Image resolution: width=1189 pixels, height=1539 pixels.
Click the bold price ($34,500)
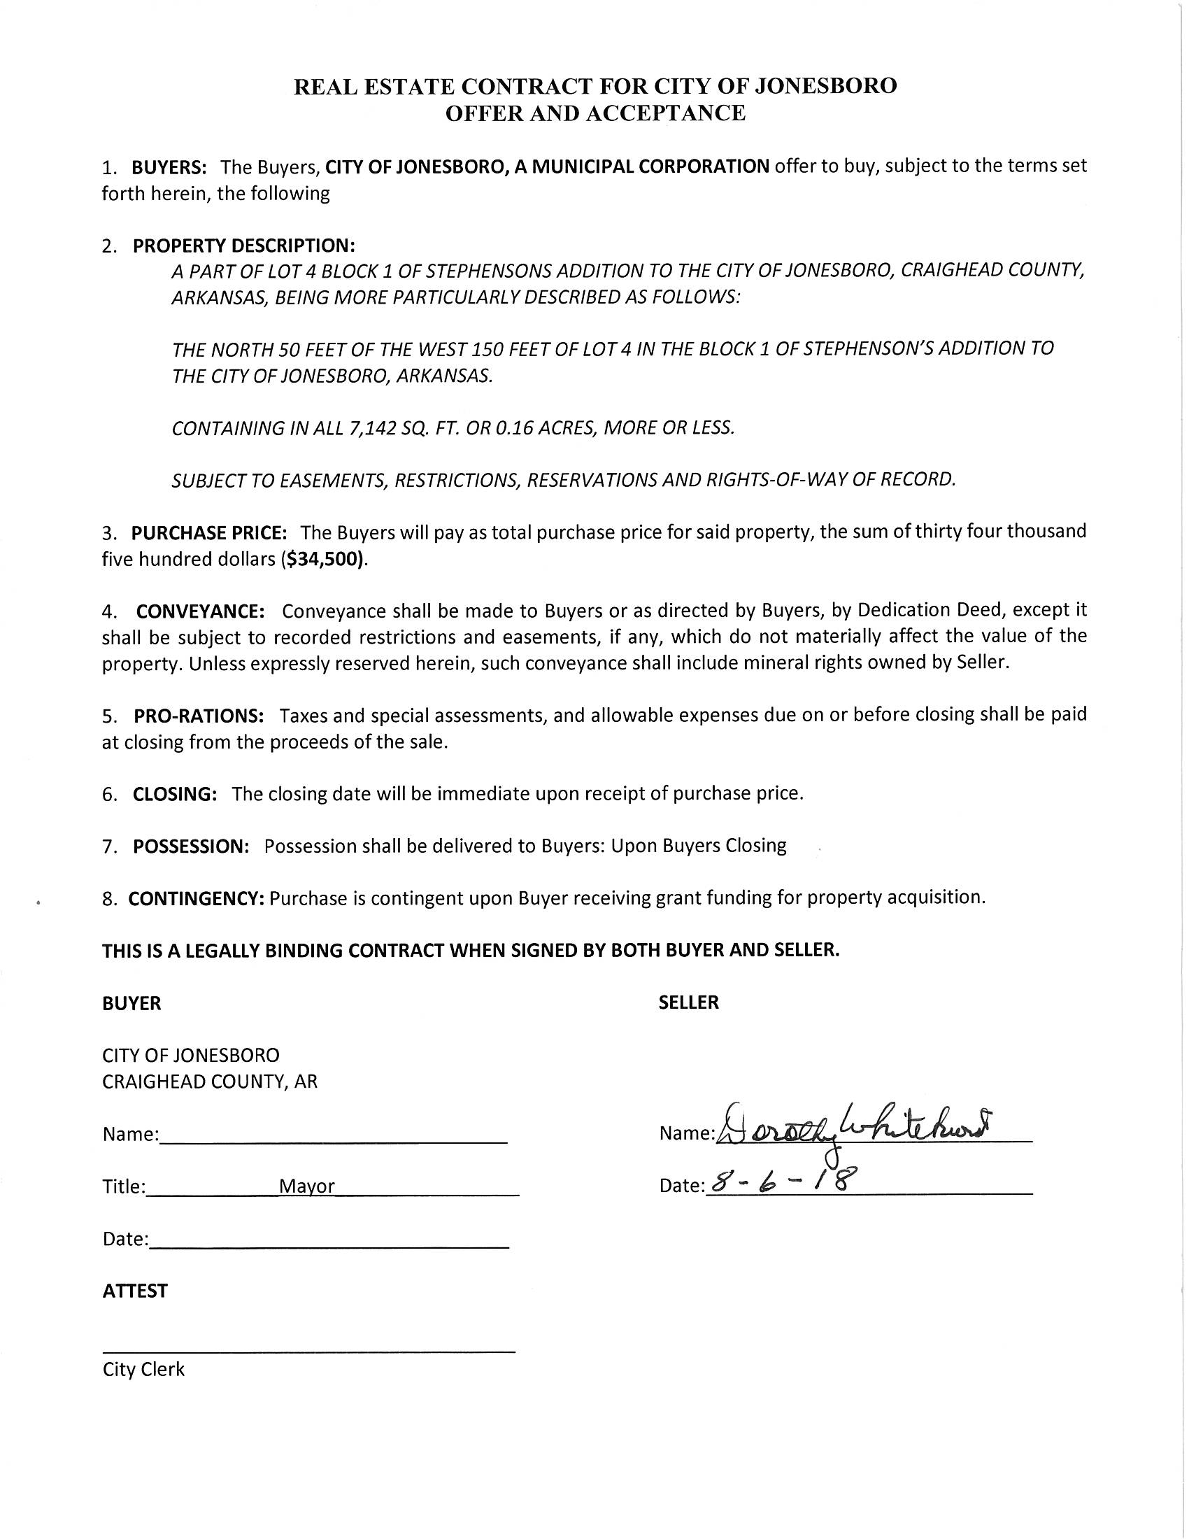tap(324, 560)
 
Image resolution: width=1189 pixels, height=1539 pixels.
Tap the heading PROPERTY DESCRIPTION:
tap(243, 246)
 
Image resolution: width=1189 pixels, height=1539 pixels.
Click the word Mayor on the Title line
tap(306, 1186)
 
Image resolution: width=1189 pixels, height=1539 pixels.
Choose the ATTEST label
tap(134, 1291)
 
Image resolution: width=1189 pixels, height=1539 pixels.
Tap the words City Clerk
tap(143, 1369)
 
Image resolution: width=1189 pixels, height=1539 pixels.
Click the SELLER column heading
tap(688, 1002)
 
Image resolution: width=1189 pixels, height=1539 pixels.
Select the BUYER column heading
tap(131, 1003)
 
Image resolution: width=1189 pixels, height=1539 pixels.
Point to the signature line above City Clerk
tap(308, 1351)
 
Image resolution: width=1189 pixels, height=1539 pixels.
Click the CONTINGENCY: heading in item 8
tap(196, 898)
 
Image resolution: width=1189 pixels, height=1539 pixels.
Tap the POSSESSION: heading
tap(191, 846)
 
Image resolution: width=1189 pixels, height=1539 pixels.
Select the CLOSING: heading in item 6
tap(175, 794)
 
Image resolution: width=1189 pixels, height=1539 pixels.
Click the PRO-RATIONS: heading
tap(199, 716)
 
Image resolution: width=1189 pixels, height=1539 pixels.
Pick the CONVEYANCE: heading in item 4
tap(200, 610)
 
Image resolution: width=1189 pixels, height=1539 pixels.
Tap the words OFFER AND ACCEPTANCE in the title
tap(595, 113)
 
